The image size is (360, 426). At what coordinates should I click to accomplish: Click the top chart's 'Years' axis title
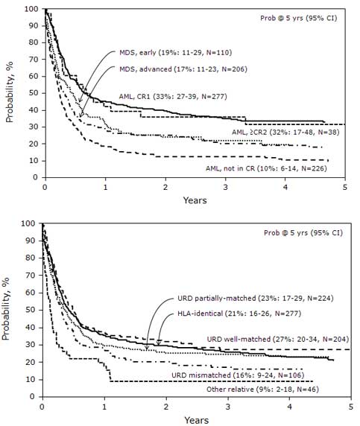click(195, 200)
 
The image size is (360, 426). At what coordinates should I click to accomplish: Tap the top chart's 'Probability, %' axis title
click(10, 93)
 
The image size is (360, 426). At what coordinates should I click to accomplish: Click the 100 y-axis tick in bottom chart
click(31, 223)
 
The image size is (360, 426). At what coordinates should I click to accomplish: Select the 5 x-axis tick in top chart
click(345, 187)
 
